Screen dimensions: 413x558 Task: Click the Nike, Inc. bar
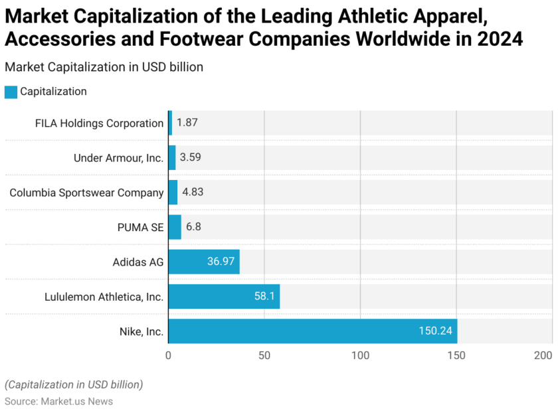(312, 331)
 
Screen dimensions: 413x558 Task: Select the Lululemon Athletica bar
(224, 296)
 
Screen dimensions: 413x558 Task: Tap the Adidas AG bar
(204, 262)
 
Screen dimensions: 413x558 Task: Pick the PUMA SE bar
(175, 227)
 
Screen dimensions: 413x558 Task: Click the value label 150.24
(435, 331)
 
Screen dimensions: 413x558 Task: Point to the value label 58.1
(264, 296)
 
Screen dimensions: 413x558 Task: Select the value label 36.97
(221, 262)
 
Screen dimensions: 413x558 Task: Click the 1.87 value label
(187, 123)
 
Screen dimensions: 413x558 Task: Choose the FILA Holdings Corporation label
(99, 123)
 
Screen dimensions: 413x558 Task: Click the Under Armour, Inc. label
(118, 158)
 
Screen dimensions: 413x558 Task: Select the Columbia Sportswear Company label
(86, 193)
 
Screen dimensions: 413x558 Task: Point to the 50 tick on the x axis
(264, 355)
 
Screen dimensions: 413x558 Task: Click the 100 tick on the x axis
(360, 355)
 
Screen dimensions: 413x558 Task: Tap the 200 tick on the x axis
(544, 355)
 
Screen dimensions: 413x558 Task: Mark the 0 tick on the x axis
(169, 355)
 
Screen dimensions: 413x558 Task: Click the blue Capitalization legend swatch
(11, 92)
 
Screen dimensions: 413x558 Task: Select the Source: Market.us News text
(58, 401)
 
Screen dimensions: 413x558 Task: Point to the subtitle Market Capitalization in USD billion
(104, 67)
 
